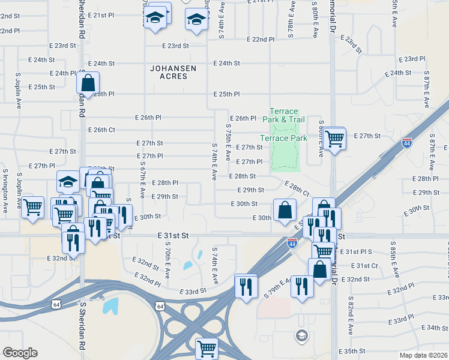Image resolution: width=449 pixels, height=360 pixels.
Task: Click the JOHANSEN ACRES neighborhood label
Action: [x=173, y=73]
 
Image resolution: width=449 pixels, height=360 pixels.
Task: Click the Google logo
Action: [x=20, y=353]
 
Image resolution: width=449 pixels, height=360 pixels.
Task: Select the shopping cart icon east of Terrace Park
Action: [x=334, y=139]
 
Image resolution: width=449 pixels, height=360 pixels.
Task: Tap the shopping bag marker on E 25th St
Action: [x=88, y=85]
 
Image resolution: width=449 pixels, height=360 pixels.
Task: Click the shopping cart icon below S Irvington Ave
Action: [x=32, y=207]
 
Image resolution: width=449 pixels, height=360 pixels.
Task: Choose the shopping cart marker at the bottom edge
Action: [x=206, y=347]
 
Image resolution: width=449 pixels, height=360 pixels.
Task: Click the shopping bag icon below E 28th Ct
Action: [x=285, y=209]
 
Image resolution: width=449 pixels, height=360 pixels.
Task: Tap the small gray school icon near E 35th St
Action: [x=301, y=335]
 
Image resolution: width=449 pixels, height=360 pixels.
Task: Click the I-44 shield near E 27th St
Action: [x=406, y=143]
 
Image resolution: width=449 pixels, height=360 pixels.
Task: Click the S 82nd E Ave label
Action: [x=351, y=317]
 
